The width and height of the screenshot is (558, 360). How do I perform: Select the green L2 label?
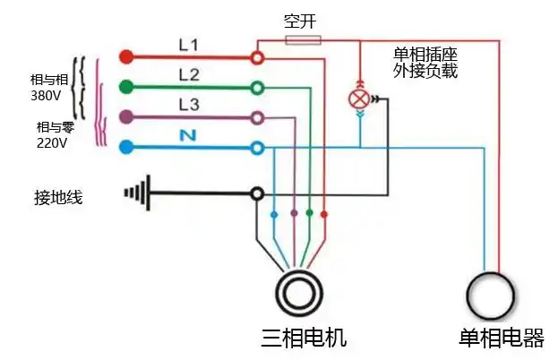point(189,74)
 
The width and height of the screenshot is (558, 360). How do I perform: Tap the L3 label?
point(189,104)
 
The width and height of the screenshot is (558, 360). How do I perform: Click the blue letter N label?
point(189,134)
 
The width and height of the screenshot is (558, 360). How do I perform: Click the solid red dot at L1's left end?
point(126,57)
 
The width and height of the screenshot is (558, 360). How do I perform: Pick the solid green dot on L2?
point(127,87)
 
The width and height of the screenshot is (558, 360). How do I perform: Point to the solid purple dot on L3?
point(127,116)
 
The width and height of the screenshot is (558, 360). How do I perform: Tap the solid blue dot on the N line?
point(127,146)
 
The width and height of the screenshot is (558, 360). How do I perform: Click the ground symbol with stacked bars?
point(134,193)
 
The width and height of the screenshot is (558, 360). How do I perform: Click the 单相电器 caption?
point(501,339)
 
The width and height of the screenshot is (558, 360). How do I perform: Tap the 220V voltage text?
point(52,141)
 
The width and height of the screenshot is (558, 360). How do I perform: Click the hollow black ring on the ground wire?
point(257,193)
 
